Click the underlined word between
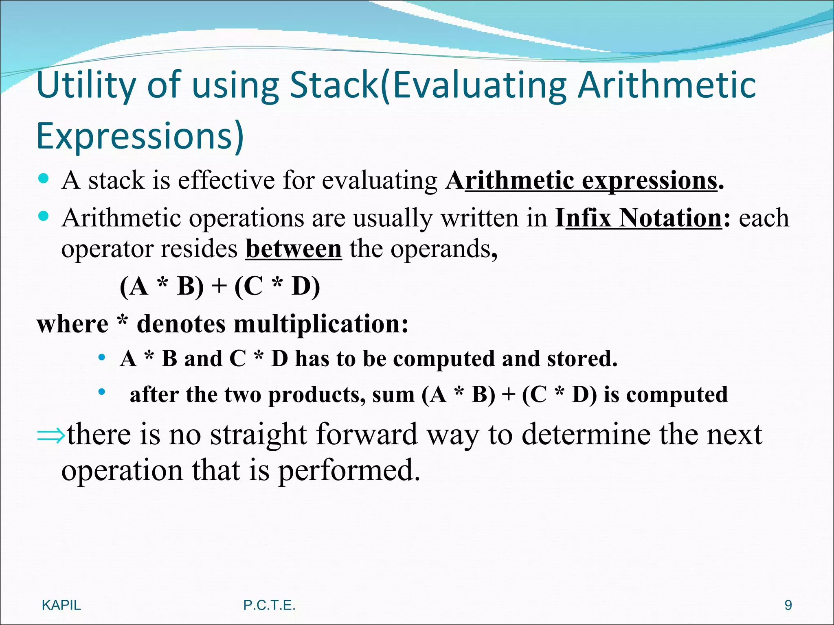(294, 249)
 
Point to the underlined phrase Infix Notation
(643, 218)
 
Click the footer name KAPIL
(61, 605)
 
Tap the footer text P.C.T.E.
(269, 605)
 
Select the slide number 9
(788, 605)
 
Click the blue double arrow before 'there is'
(50, 435)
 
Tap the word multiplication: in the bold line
(321, 324)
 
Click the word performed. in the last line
(349, 470)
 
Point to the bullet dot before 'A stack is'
(43, 178)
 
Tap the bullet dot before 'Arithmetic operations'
(43, 216)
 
